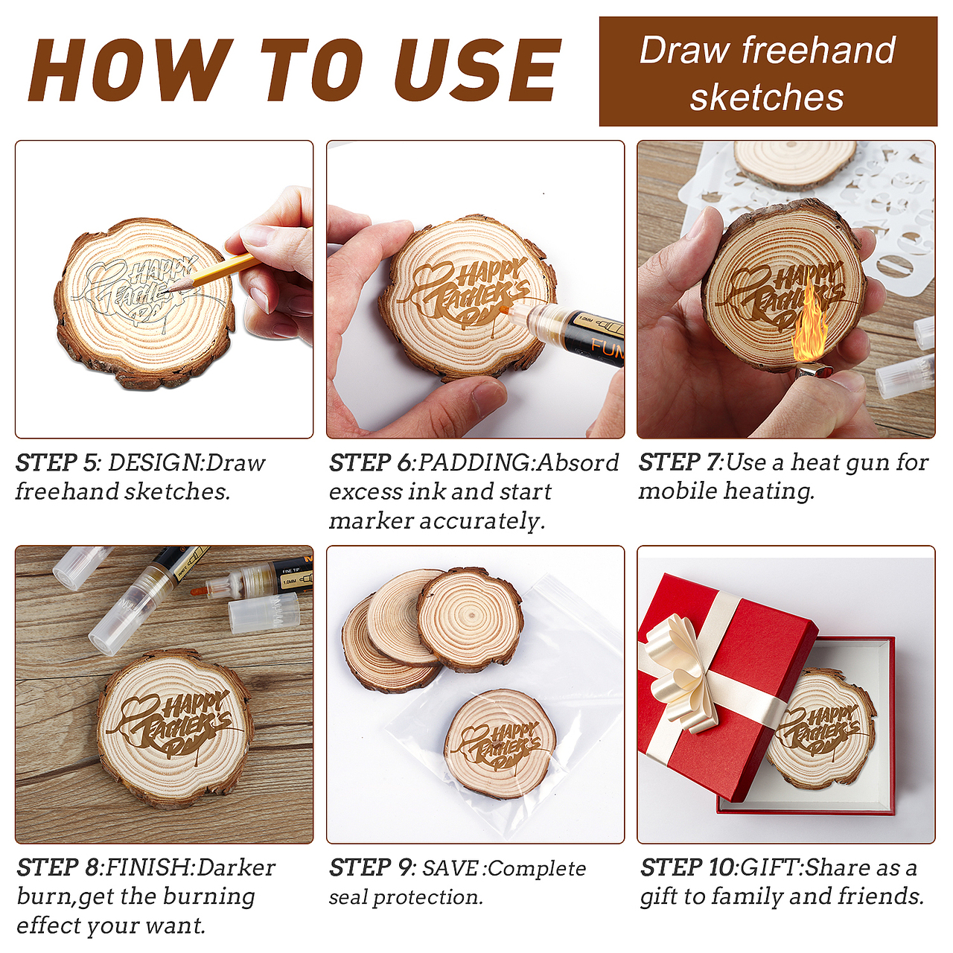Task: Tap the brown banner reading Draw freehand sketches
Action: pyautogui.click(x=768, y=71)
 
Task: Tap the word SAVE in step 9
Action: pyautogui.click(x=450, y=868)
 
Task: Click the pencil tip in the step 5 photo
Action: pyautogui.click(x=171, y=286)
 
